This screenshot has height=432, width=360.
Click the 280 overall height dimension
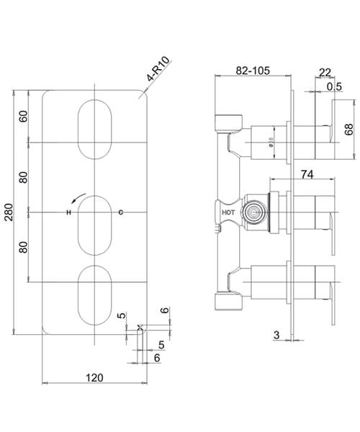click(9, 213)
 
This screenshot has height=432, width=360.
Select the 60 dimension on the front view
click(23, 116)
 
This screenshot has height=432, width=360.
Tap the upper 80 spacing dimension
click(23, 177)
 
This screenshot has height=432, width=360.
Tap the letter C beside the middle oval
click(120, 212)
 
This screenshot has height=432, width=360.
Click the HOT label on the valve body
click(228, 213)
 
